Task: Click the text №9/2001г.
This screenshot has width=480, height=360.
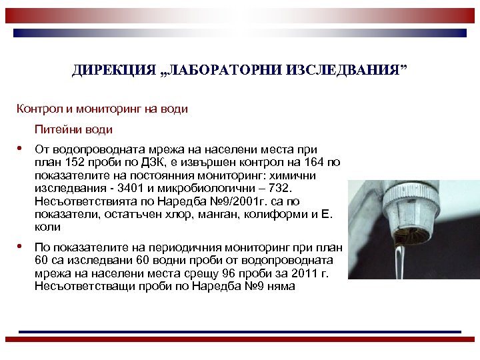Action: (238, 201)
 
